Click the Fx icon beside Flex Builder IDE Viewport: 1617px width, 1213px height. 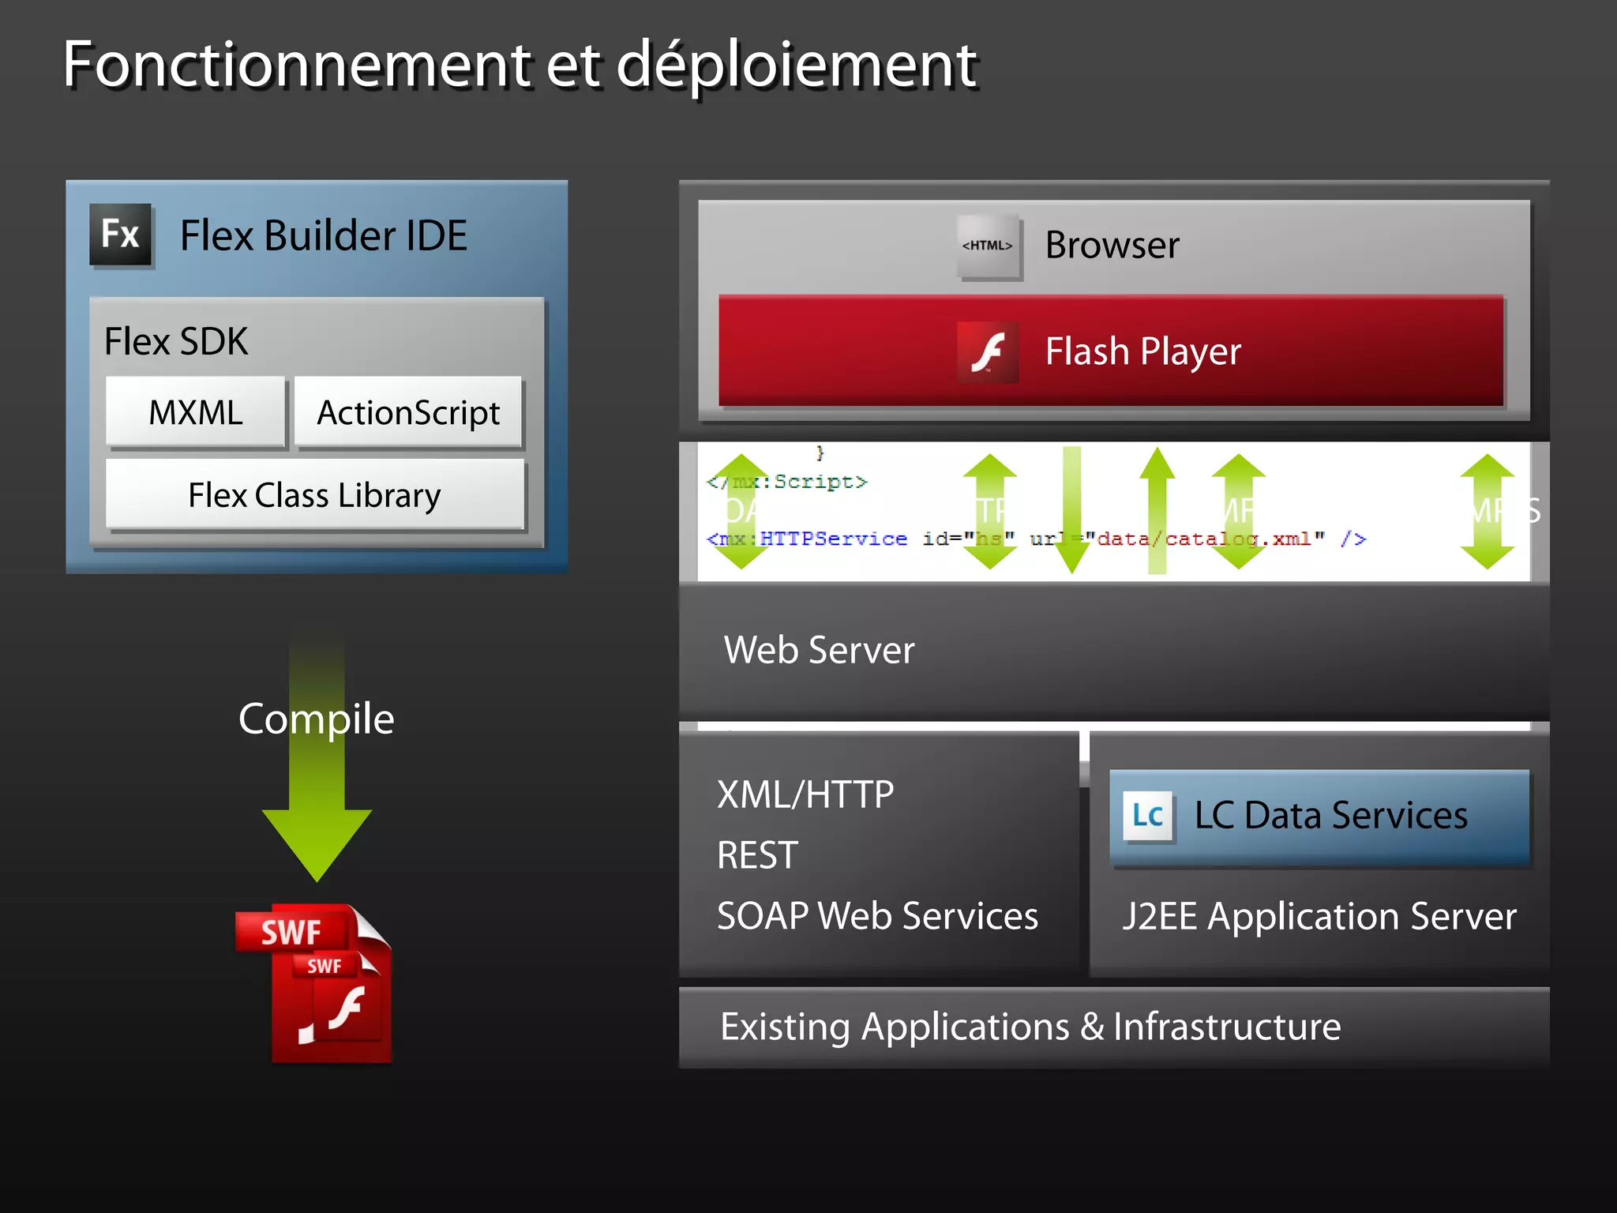pos(121,235)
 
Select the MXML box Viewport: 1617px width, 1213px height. pos(196,412)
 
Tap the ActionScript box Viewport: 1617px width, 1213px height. pos(408,412)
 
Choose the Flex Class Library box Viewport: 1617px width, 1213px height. pos(314,495)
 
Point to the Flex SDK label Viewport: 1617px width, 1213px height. pos(176,341)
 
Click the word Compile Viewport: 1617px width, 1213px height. pos(316,719)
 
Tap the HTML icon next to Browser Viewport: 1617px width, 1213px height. pos(988,246)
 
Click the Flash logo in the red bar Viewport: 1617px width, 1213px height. pos(988,352)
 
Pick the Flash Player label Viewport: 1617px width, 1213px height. pos(1142,351)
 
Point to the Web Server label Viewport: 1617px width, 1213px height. pos(819,650)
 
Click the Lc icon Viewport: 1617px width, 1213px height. pos(1147,815)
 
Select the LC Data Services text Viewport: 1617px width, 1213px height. pos(1330,815)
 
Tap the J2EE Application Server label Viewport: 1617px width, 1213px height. pos(1319,916)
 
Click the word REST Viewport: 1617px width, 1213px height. pos(757,855)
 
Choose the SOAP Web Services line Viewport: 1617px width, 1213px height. pos(877,916)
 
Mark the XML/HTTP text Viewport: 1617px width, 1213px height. pos(805,794)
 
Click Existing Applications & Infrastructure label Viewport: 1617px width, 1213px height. pos(1030,1027)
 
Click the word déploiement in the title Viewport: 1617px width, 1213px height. pos(796,65)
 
